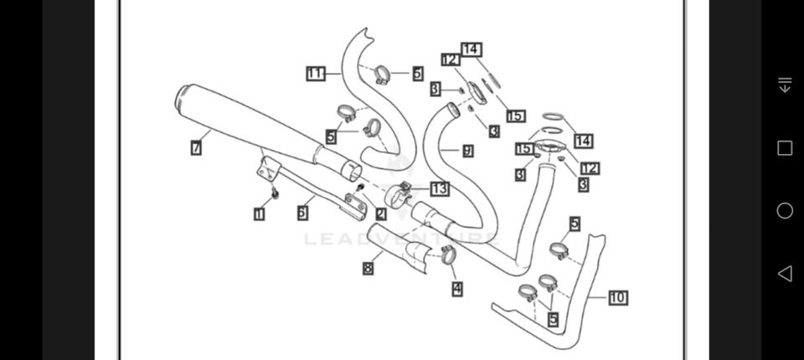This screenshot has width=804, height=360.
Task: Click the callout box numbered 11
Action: pos(315,74)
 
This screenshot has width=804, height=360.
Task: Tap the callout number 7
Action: pos(195,148)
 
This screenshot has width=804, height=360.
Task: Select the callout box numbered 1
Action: pos(260,214)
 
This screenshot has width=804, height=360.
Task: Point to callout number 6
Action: pos(301,213)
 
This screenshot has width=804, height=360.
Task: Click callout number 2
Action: pos(381,214)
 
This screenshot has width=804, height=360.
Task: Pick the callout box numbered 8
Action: pos(368,269)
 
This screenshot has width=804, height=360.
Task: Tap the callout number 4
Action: pos(456,289)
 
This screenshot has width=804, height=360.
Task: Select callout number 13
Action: pos(440,188)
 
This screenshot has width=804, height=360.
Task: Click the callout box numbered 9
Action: pos(467,151)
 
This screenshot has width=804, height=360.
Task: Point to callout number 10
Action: pos(617,297)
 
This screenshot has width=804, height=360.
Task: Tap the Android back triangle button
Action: pos(785,273)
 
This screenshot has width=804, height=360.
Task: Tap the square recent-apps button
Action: pos(785,148)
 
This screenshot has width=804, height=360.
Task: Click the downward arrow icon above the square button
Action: pos(785,85)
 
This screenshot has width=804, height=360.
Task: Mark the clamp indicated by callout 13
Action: pos(398,198)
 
